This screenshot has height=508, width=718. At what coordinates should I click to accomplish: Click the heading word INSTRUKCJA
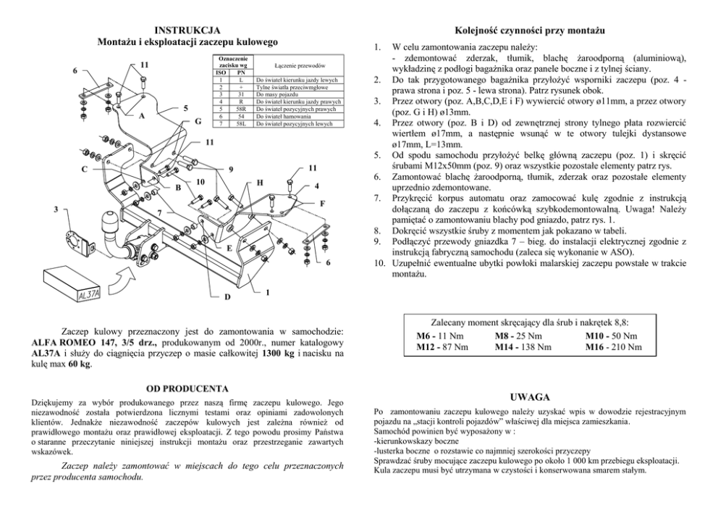[187, 30]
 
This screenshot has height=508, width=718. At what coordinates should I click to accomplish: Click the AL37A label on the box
[89, 294]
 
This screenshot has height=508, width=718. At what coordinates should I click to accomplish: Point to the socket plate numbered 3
[75, 240]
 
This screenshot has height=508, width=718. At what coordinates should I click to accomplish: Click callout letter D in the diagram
[226, 297]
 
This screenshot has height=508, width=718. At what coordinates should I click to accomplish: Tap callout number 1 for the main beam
[267, 293]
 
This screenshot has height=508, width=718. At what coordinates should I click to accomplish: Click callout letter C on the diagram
[84, 170]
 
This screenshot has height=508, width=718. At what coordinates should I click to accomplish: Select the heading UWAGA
[532, 397]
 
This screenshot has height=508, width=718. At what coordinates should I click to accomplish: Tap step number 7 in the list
[376, 197]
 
